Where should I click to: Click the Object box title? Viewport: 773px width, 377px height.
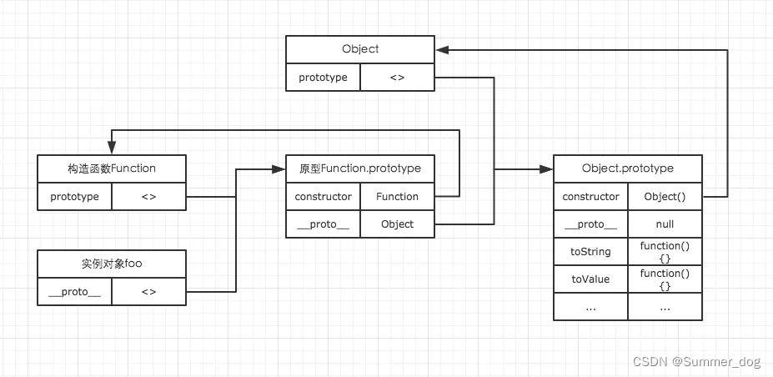[360, 49]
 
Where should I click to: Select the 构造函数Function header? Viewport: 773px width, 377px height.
[112, 168]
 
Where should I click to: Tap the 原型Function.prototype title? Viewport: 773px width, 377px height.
[360, 168]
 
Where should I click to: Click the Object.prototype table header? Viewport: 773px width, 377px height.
[628, 168]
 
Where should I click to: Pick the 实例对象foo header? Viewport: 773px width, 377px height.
[112, 264]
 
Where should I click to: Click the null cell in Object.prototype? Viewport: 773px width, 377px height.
[665, 224]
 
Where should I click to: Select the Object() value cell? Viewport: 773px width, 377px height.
[665, 197]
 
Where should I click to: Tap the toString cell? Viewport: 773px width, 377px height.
[590, 252]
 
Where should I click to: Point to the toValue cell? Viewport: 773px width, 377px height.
[590, 279]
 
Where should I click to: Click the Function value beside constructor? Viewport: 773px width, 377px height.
[398, 197]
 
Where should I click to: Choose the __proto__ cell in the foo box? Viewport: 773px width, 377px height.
[75, 292]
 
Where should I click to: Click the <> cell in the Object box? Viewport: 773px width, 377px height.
[398, 78]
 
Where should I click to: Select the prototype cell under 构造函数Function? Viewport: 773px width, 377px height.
[75, 197]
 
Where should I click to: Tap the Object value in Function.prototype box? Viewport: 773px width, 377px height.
[398, 224]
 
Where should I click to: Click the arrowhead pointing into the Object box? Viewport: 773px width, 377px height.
[441, 50]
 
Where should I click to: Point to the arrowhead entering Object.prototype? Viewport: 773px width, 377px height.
[547, 169]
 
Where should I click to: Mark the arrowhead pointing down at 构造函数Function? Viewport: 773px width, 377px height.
[112, 148]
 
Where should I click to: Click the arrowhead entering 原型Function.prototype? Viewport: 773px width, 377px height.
[279, 169]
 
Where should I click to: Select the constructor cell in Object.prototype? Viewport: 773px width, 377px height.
[590, 197]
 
